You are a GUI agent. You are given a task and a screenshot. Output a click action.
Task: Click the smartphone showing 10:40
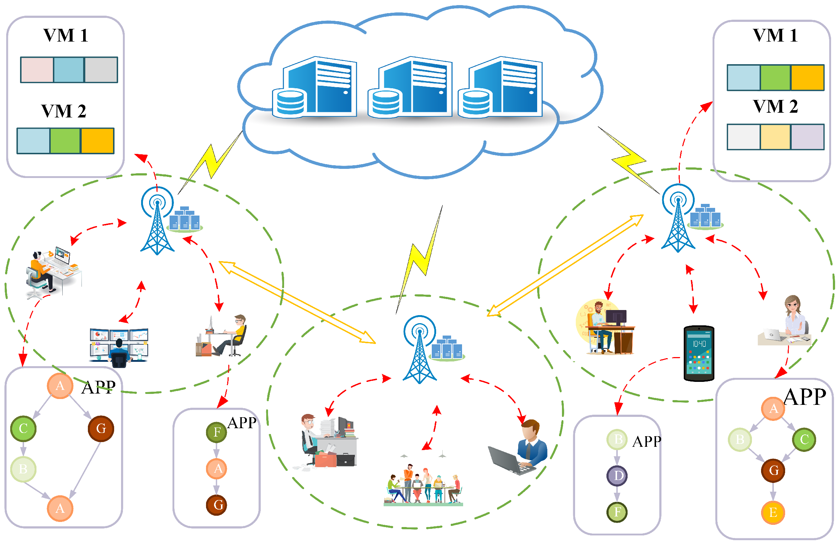(698, 353)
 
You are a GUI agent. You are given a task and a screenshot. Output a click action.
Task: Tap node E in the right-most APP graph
(773, 512)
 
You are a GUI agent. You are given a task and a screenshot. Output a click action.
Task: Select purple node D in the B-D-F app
(617, 476)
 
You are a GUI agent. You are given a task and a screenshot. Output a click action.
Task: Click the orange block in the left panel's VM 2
(97, 141)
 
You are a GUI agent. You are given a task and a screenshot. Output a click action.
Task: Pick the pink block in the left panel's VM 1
(37, 70)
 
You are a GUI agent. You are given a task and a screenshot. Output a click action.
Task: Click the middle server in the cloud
(411, 88)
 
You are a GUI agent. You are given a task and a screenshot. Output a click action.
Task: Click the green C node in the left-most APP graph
(23, 428)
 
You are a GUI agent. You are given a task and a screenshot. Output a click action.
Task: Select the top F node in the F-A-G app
(217, 432)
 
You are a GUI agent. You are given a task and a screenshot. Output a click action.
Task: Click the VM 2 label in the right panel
(775, 107)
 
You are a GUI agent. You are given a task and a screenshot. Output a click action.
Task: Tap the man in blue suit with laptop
(521, 449)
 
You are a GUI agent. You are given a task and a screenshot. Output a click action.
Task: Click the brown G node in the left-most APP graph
(101, 428)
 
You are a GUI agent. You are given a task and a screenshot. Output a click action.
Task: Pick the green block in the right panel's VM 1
(775, 78)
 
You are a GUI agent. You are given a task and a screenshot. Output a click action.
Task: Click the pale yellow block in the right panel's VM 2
(775, 137)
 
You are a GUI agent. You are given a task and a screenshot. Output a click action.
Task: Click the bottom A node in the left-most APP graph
(60, 508)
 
